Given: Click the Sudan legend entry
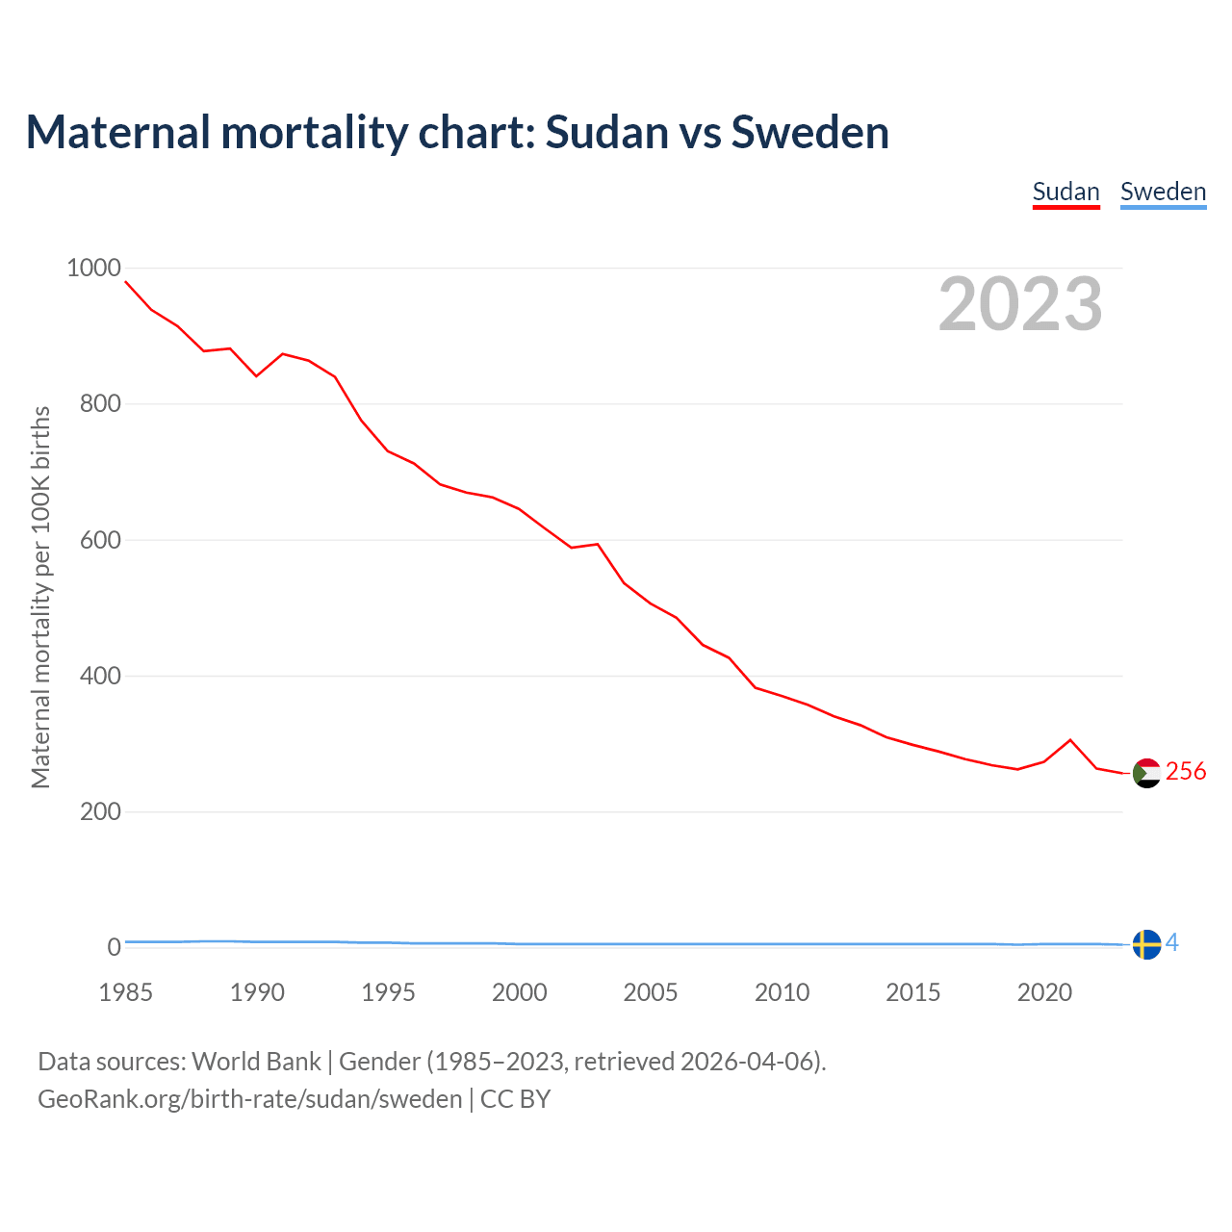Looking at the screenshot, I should point(1065,192).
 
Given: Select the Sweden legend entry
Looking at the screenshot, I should point(1163,192).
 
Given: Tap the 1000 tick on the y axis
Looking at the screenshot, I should point(93,268).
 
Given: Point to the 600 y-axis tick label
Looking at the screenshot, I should point(100,540).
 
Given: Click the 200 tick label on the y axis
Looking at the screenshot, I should point(100,811).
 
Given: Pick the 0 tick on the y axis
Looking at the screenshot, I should point(115,947).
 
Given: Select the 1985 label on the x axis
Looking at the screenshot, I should point(126,992).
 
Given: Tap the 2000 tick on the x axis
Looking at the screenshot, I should point(520,992).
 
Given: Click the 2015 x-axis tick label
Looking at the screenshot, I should point(913,992).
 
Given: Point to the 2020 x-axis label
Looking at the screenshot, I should point(1044,992).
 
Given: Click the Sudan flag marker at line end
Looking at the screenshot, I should point(1146,773).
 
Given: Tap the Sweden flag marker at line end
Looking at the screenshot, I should point(1146,944).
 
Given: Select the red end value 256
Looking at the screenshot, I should point(1186,771).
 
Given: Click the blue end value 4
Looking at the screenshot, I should point(1172,942).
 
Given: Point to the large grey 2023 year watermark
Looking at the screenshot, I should point(1020,304).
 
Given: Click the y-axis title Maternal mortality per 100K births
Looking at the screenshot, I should point(40,597).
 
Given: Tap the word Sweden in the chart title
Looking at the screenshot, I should point(809,132).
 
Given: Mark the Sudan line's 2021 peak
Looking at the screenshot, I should point(1070,740).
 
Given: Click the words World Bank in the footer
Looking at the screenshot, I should point(256,1061).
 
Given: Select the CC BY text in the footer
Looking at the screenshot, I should point(515,1098).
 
